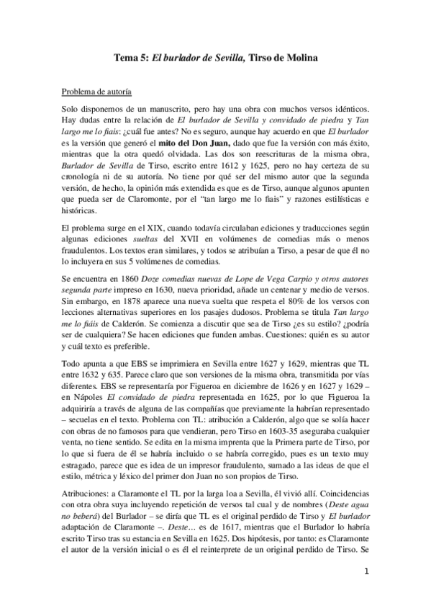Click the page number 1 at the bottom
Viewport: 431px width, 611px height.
coord(366,574)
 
